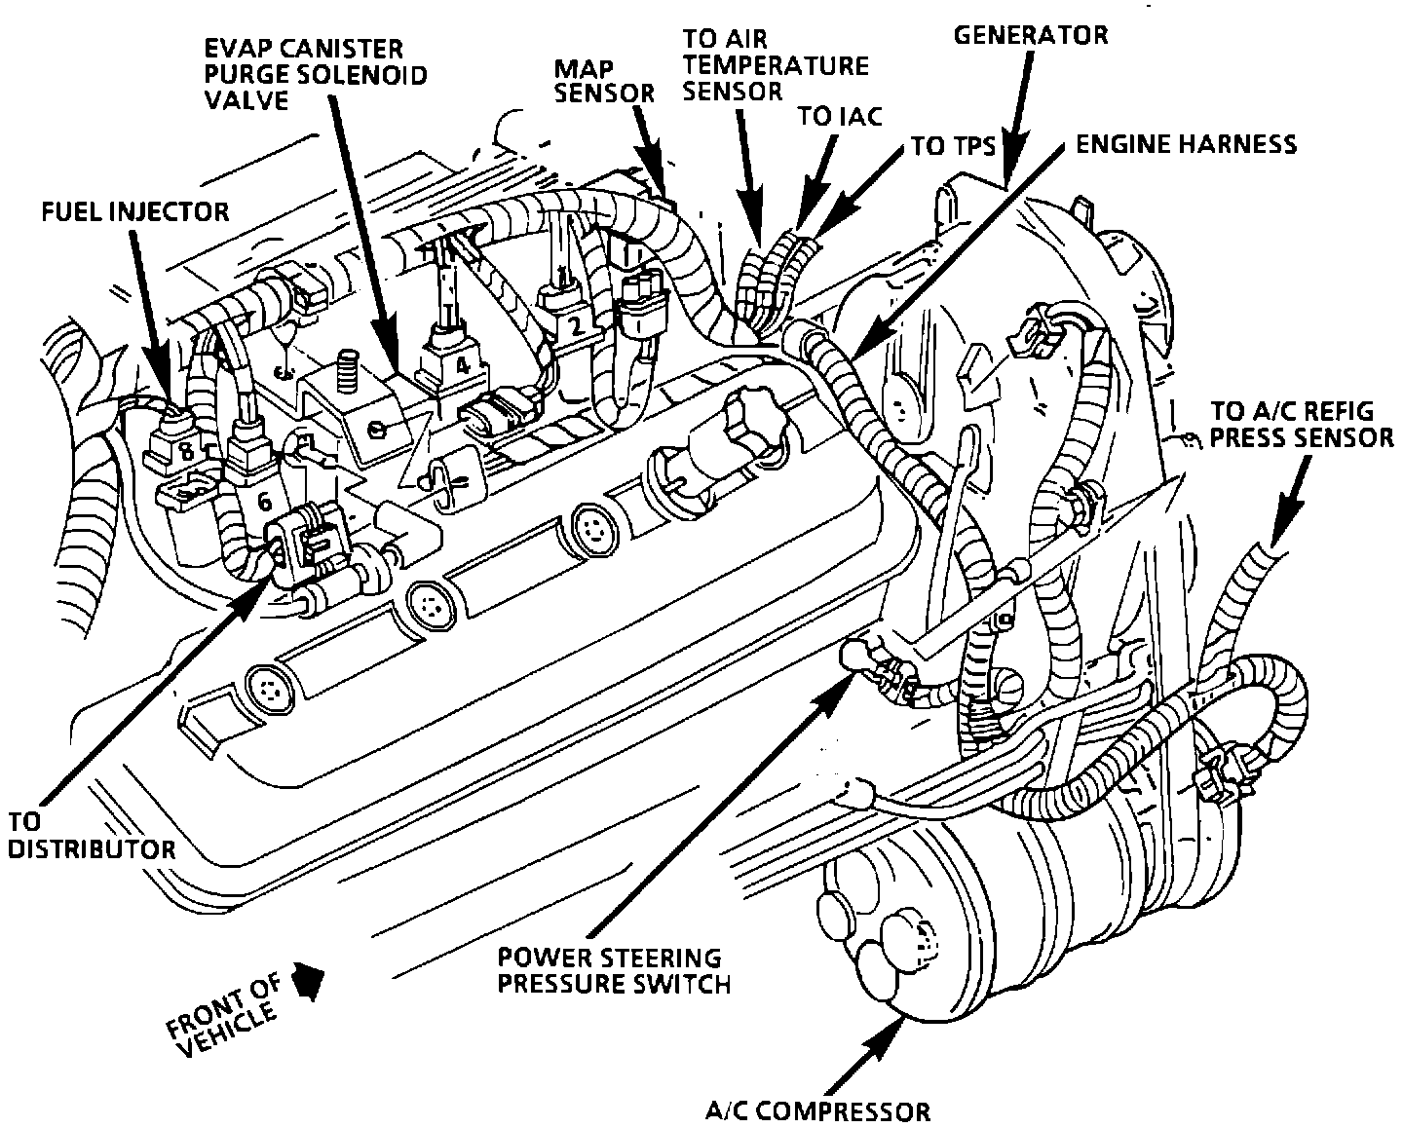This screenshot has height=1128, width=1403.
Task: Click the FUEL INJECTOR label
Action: tap(134, 210)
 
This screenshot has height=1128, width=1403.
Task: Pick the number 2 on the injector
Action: tap(574, 328)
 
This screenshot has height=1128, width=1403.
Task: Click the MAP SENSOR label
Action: tap(604, 81)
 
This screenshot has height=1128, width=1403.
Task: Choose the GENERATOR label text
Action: tap(1030, 35)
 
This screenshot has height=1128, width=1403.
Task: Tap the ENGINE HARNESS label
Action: tap(1186, 145)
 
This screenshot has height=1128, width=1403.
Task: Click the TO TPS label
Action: tap(952, 146)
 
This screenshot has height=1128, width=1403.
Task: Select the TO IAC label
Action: tap(839, 116)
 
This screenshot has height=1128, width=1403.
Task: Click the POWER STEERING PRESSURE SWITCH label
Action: tap(614, 970)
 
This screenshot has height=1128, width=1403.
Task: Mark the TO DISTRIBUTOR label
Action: tap(90, 835)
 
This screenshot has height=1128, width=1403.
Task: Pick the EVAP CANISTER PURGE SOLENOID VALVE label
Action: tap(315, 74)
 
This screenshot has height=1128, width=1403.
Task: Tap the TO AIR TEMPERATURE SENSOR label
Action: tap(774, 65)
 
